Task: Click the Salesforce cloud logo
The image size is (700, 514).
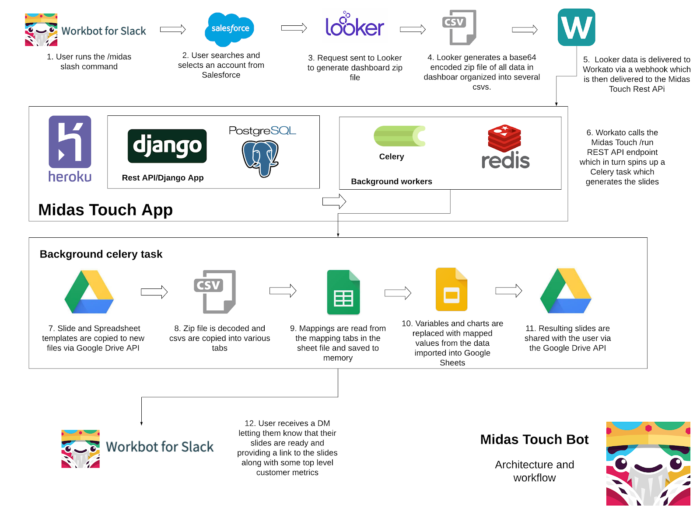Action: [229, 29]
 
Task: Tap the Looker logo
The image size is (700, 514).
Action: [355, 25]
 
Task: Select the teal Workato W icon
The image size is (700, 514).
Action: [576, 27]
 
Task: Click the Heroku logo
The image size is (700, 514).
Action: [70, 149]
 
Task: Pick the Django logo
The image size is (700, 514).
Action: [167, 146]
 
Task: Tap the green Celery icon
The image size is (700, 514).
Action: [399, 136]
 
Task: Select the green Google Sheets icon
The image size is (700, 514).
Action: [343, 292]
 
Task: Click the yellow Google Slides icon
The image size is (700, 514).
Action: [451, 289]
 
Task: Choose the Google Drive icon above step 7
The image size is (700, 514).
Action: [89, 292]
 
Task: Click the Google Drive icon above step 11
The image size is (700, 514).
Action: [566, 291]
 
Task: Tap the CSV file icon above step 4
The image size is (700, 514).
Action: [459, 27]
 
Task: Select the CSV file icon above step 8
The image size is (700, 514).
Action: [215, 292]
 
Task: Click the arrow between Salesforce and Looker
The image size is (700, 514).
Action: [294, 28]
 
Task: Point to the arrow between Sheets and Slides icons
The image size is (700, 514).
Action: [398, 293]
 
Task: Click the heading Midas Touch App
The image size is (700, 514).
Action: [105, 210]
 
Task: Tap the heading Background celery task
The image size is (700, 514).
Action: [101, 254]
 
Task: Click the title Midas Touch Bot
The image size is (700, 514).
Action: [534, 439]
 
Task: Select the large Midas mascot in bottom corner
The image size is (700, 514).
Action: [648, 464]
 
